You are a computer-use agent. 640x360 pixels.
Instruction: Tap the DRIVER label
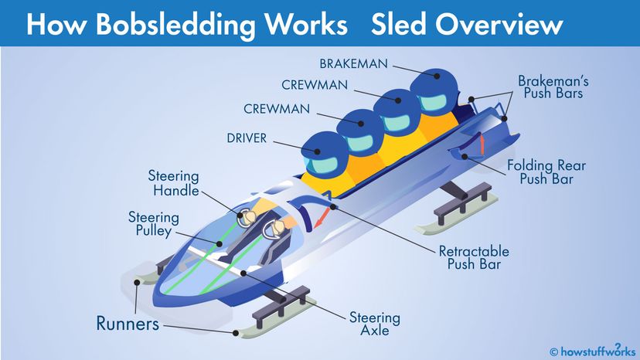(247, 139)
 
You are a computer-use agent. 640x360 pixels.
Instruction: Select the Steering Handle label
(174, 184)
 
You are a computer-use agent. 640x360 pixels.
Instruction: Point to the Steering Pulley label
(154, 226)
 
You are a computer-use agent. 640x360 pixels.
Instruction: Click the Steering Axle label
(375, 324)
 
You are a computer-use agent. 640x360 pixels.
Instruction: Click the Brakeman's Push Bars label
(550, 87)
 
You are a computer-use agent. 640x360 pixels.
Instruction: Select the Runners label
(128, 322)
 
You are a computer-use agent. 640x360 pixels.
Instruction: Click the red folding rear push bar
(479, 143)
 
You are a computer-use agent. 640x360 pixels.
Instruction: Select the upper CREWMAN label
(315, 85)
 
